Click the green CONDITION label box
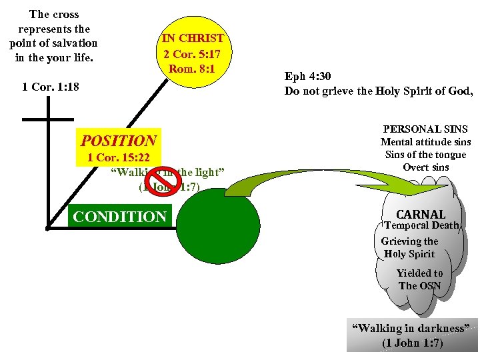click(120, 217)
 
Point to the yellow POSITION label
click(119, 141)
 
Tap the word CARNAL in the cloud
click(420, 215)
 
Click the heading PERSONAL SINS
click(425, 129)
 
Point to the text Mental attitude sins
click(425, 142)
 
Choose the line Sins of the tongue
click(425, 155)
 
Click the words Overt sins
click(425, 167)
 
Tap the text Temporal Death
click(422, 225)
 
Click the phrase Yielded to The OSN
click(419, 279)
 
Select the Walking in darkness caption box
click(412, 335)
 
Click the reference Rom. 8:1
click(193, 68)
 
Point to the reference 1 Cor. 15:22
click(119, 158)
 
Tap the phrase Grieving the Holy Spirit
click(409, 247)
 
